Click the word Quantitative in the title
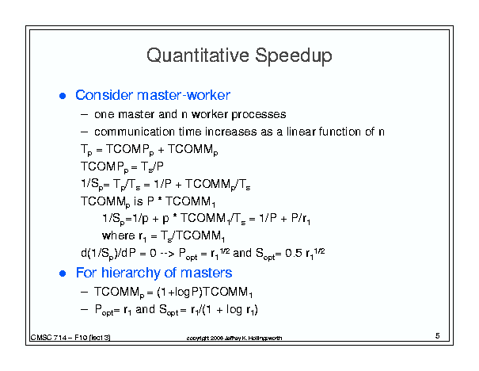[x=198, y=55]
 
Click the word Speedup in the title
[x=294, y=56]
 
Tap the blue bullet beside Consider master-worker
[x=63, y=96]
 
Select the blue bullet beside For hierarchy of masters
[x=63, y=273]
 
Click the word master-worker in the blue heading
[x=184, y=95]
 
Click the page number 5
[x=438, y=336]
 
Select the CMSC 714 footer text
[x=70, y=338]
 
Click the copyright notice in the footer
[x=234, y=338]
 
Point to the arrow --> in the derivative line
[x=166, y=253]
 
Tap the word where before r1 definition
[x=119, y=235]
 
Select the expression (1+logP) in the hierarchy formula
[x=179, y=292]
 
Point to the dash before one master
[x=84, y=115]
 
